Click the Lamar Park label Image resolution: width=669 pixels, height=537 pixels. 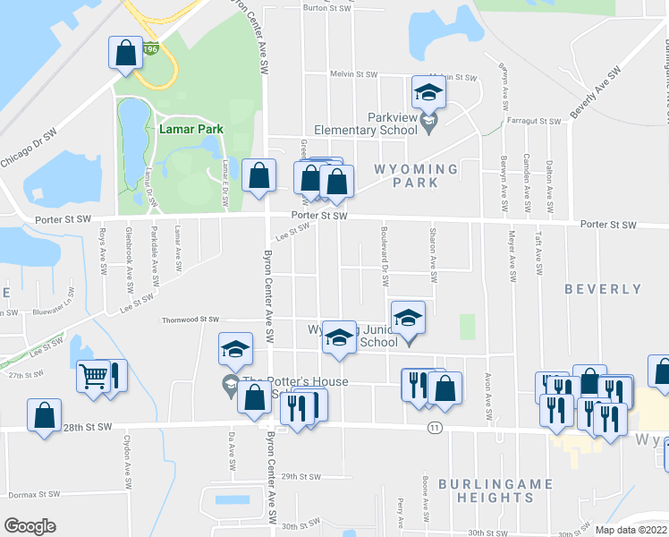click(x=191, y=129)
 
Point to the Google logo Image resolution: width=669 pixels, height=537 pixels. click(x=30, y=526)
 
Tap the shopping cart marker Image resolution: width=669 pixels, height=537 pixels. click(x=92, y=377)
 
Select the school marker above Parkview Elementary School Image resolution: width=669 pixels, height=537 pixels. click(x=428, y=92)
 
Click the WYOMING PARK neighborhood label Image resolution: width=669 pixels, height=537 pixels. click(x=416, y=175)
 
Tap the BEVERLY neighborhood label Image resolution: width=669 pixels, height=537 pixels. click(x=603, y=289)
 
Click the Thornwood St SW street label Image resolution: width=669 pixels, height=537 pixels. click(x=190, y=319)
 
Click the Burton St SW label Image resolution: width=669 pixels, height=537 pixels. click(x=326, y=7)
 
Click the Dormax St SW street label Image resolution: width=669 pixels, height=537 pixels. click(x=33, y=494)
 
